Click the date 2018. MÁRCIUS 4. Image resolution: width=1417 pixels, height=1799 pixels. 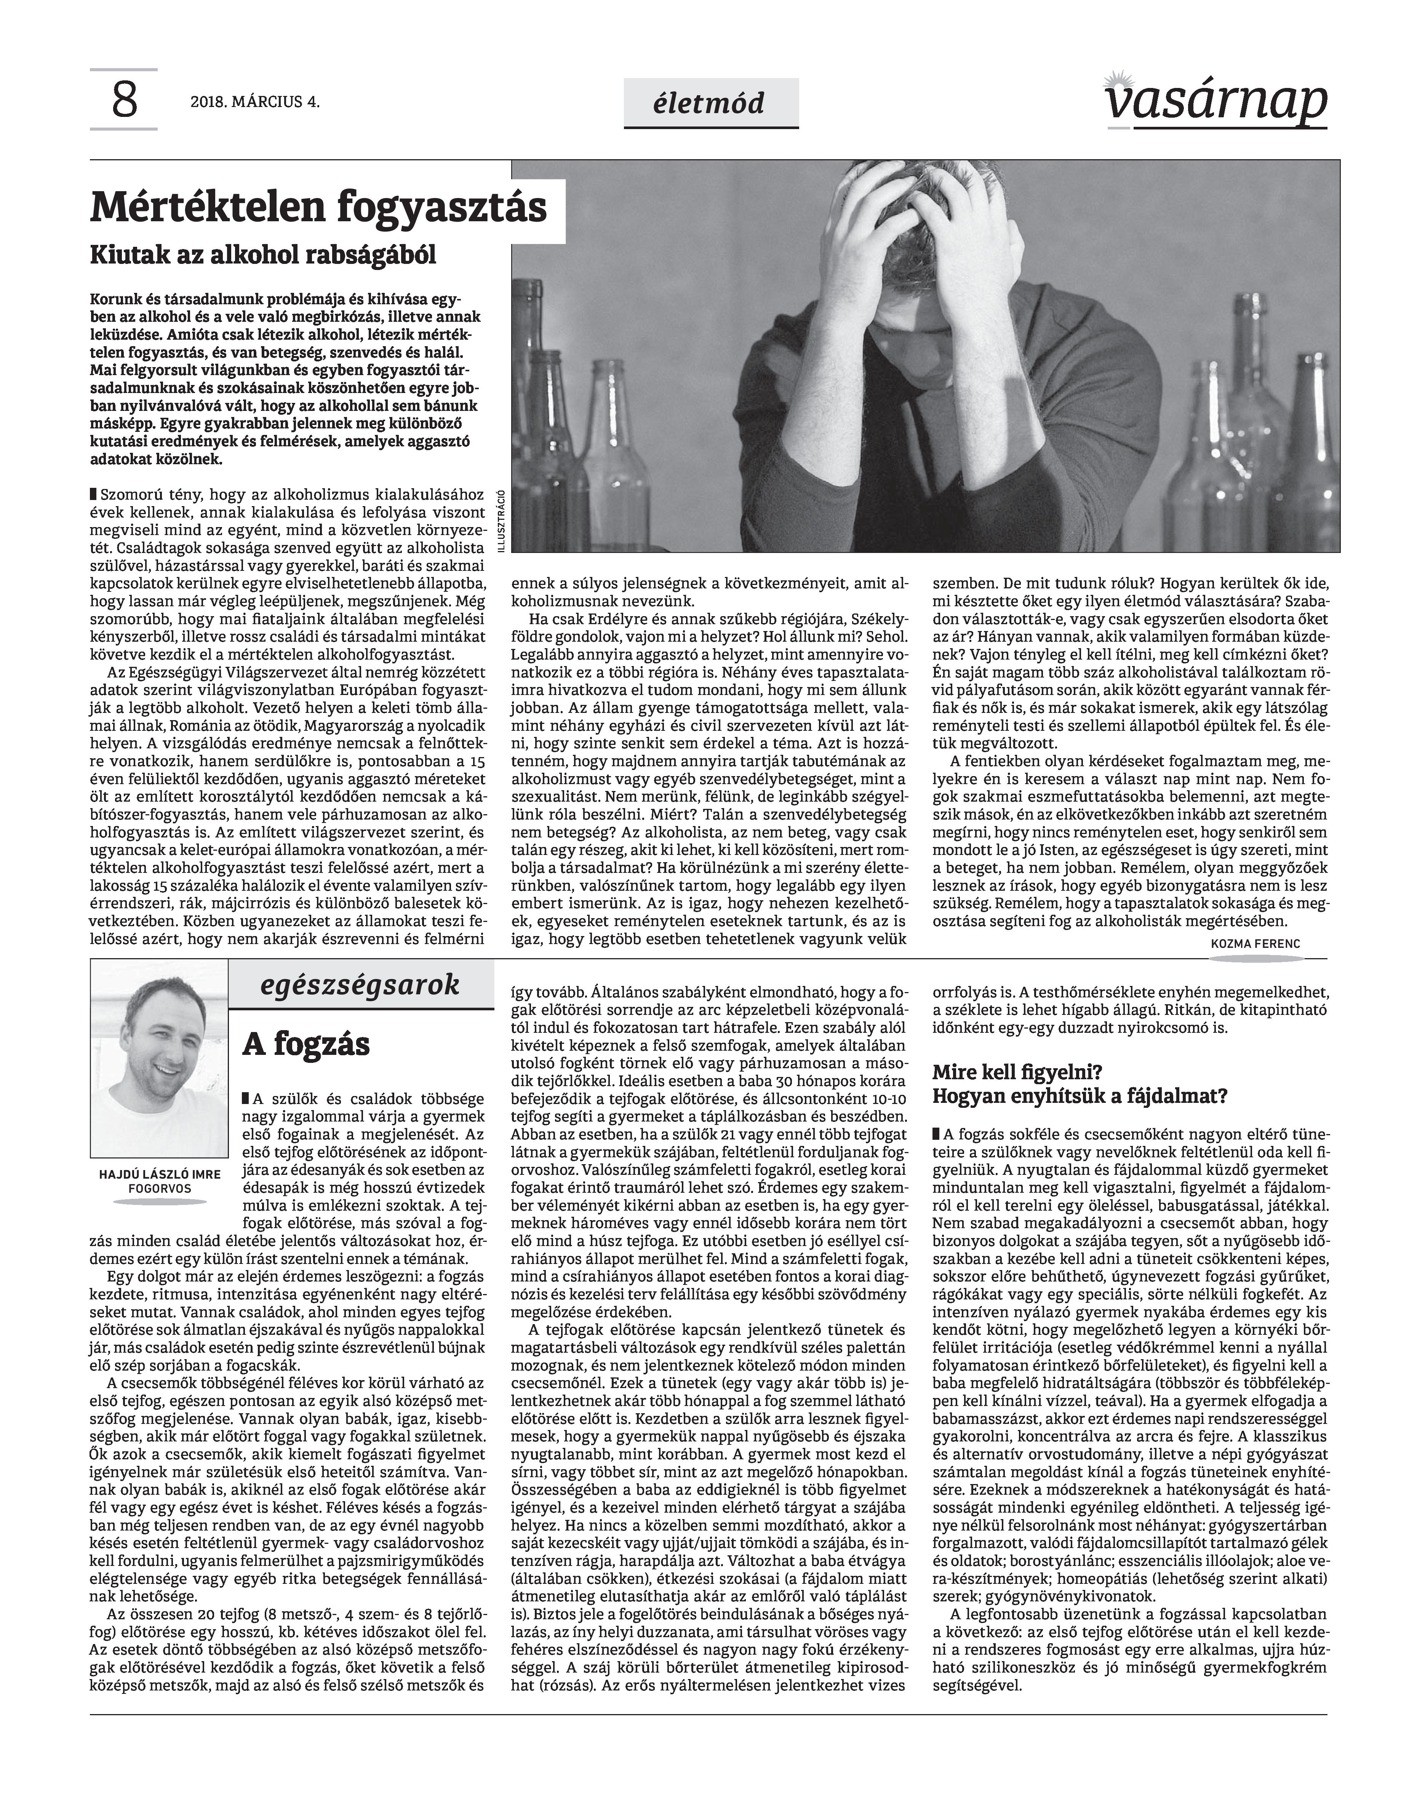click(255, 103)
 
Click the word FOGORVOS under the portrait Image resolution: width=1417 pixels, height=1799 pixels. click(160, 1189)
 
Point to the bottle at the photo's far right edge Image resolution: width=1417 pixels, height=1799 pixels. click(1319, 431)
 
